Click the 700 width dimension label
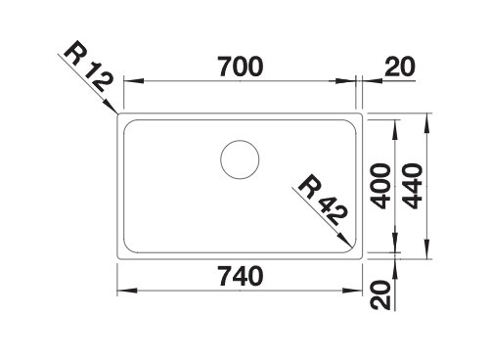tap(241, 67)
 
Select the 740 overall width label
tap(241, 276)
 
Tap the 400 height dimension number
tap(381, 186)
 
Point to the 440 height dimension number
tap(413, 186)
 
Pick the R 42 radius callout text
tap(322, 200)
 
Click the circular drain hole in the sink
tap(240, 159)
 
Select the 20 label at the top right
tap(400, 67)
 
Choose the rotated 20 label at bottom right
tap(381, 294)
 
